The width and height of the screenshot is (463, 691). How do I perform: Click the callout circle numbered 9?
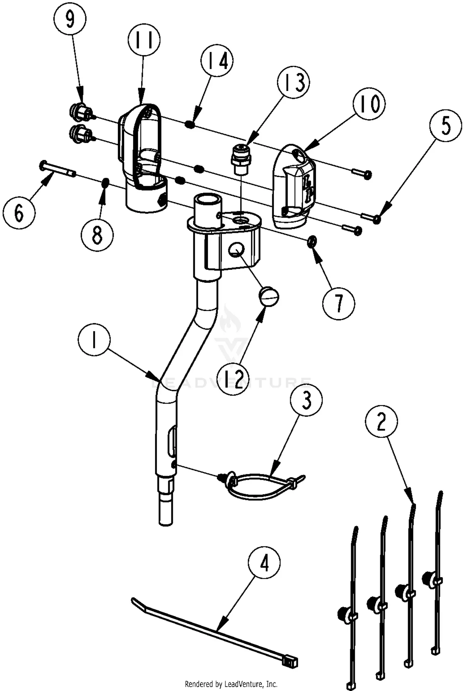(70, 19)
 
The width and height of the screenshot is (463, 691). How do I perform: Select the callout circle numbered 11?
(144, 40)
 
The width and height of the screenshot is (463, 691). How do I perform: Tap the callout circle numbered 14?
(217, 61)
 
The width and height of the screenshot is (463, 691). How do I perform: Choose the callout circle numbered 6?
(19, 213)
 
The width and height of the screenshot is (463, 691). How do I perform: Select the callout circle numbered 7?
(339, 303)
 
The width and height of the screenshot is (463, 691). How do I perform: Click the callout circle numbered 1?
(94, 342)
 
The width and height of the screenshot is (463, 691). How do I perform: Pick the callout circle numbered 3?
(306, 400)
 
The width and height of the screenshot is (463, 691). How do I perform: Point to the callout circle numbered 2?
(381, 422)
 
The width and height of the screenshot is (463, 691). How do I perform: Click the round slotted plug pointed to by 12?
(269, 297)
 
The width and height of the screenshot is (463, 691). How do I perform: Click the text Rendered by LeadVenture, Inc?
(231, 684)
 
